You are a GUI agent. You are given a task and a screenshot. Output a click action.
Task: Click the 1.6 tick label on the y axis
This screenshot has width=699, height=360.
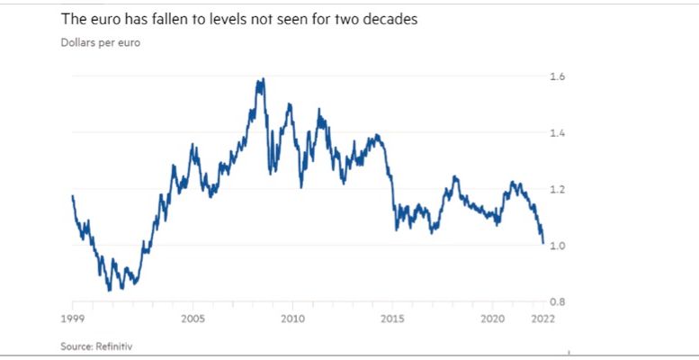click(x=557, y=77)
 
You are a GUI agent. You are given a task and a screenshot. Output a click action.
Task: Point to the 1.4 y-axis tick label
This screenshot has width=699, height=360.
click(x=557, y=133)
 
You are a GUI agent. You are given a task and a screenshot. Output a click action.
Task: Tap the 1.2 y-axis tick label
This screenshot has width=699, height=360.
click(x=557, y=189)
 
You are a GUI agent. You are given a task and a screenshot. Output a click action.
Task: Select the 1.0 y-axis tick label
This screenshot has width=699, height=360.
click(x=557, y=245)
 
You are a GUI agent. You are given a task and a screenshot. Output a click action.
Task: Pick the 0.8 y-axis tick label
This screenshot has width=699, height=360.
click(x=557, y=301)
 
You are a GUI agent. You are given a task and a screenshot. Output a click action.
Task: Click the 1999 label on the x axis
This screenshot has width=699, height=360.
click(x=73, y=319)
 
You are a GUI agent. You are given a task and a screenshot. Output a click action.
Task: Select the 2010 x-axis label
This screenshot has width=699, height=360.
click(x=291, y=319)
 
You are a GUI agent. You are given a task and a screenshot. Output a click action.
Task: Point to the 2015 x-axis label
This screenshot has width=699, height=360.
click(x=392, y=319)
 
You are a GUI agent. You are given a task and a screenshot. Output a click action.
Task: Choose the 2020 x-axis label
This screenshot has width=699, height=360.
click(x=492, y=319)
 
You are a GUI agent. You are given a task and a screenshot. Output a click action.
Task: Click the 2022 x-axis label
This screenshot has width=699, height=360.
click(x=542, y=319)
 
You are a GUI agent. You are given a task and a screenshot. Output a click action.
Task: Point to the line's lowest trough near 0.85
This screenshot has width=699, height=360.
click(x=109, y=290)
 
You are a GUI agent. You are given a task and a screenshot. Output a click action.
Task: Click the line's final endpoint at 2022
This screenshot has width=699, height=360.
click(x=543, y=242)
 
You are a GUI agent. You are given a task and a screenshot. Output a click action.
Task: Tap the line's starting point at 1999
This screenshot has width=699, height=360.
click(x=72, y=195)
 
